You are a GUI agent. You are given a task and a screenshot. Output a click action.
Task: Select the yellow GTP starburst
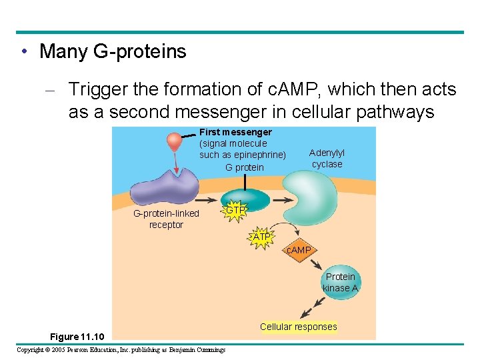click(235, 211)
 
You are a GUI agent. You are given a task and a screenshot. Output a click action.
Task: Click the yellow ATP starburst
click(261, 237)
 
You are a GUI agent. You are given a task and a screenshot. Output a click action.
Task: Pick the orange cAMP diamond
click(298, 250)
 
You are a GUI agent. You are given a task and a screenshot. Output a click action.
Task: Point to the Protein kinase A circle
click(340, 282)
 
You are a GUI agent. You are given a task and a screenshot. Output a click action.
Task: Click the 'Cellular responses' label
click(298, 327)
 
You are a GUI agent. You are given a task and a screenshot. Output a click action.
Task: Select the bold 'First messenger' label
click(235, 132)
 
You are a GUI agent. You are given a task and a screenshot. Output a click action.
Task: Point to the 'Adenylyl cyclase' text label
click(327, 159)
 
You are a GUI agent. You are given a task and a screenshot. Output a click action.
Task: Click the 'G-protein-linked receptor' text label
click(166, 219)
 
